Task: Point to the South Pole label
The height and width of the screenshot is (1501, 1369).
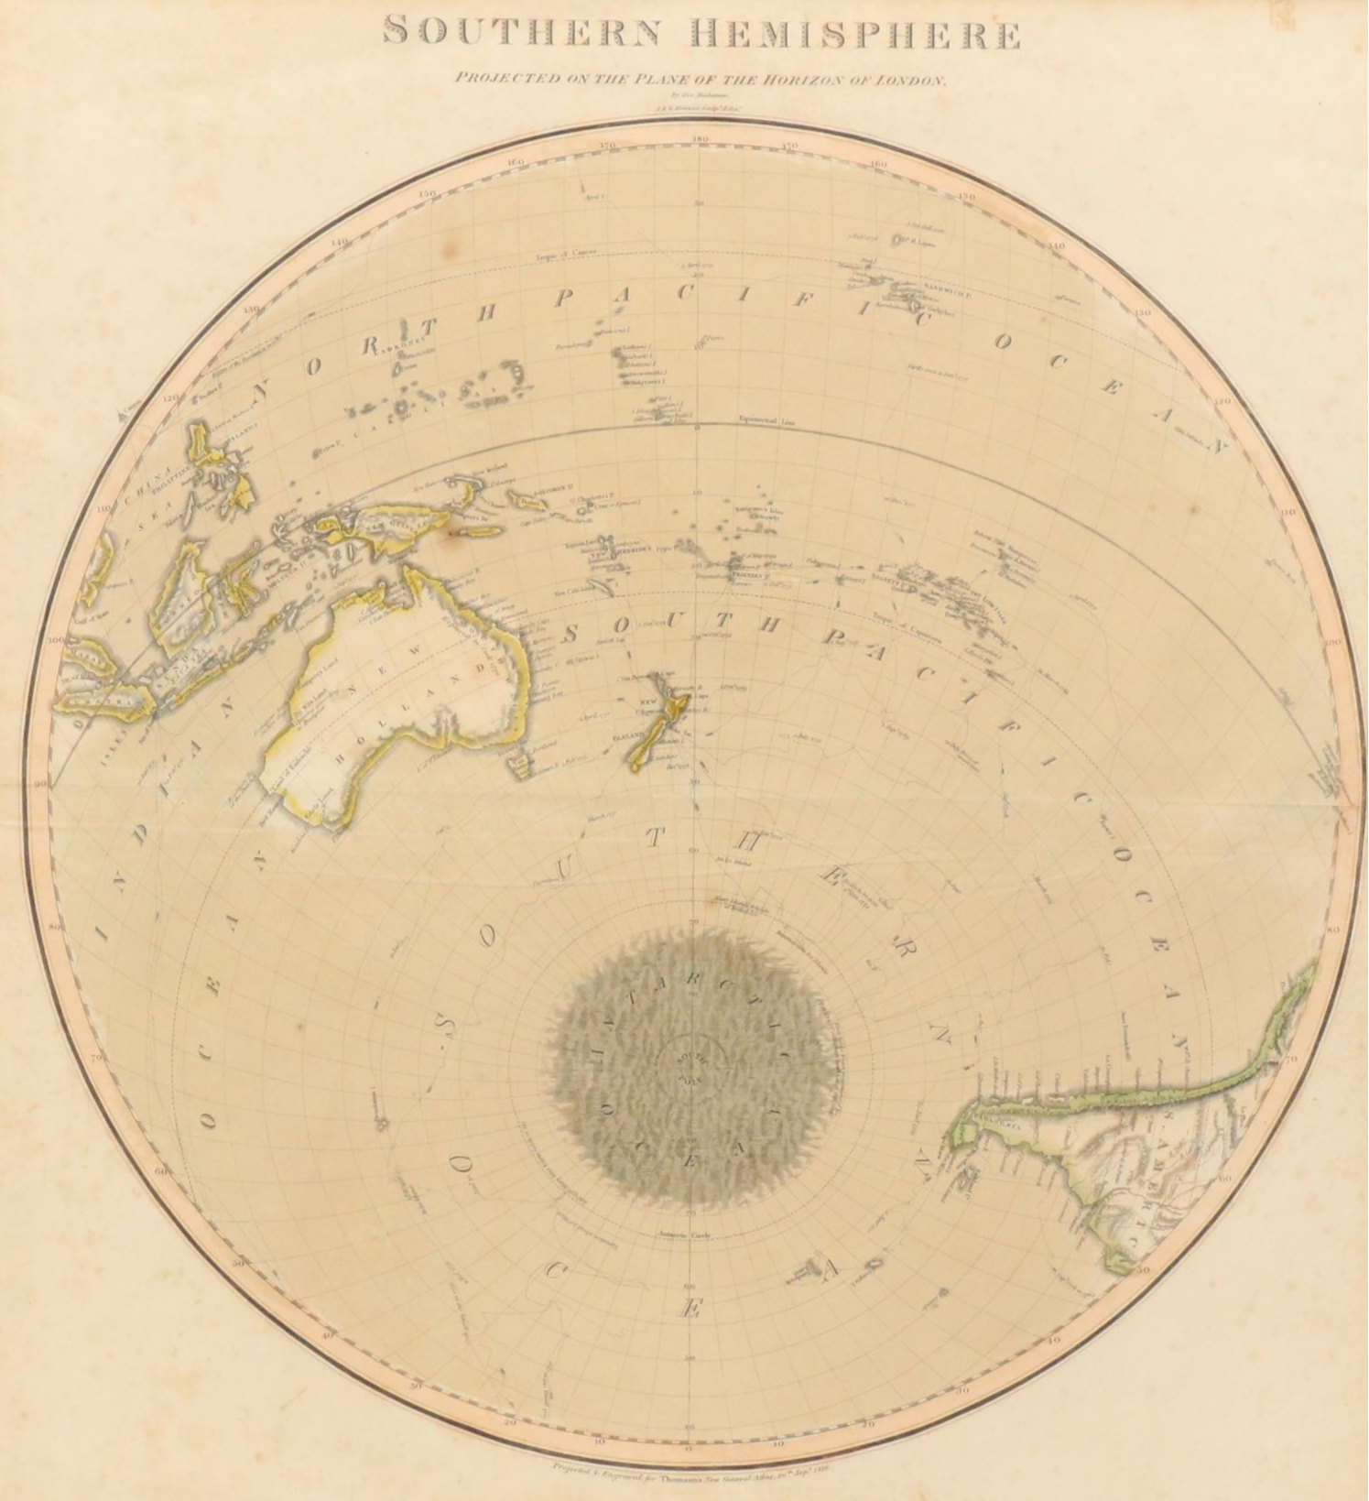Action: tap(693, 1064)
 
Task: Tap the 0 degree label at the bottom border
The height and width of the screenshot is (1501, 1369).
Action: tap(689, 1447)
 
